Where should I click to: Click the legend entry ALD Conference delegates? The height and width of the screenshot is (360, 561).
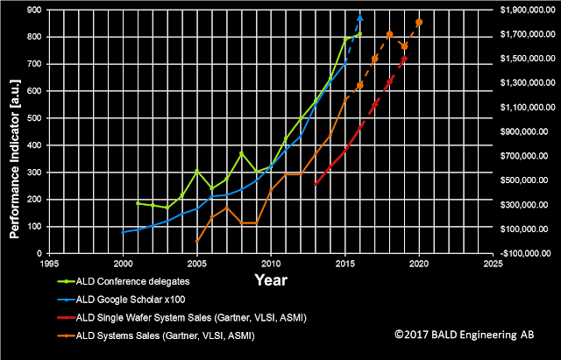coord(124,282)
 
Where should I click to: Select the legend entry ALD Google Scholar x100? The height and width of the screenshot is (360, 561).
coord(122,300)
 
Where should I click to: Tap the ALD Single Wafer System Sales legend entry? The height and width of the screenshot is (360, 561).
coord(182,318)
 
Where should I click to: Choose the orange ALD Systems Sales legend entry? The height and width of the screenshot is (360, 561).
coord(156,335)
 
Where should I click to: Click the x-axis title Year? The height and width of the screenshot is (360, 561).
coord(271,280)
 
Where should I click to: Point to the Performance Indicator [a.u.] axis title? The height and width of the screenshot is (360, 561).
coord(14,159)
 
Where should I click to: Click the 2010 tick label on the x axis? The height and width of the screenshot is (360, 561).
coord(271,264)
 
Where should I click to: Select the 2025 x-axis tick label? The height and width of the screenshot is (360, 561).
coord(493,264)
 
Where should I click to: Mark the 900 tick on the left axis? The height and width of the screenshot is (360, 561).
coord(35,10)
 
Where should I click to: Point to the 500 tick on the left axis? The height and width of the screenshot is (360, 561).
coord(35,118)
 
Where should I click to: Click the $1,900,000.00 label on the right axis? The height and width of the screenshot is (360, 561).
coord(528,10)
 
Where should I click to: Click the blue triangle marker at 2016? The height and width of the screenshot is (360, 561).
coord(360,18)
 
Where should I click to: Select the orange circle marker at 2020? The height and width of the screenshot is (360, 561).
coord(419,22)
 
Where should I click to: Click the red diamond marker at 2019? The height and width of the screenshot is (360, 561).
coord(404,59)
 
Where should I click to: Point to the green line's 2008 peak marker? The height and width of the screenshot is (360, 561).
coord(241,153)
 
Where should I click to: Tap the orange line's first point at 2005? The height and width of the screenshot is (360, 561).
coord(196,241)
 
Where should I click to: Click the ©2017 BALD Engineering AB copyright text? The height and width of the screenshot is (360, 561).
coord(465,335)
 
